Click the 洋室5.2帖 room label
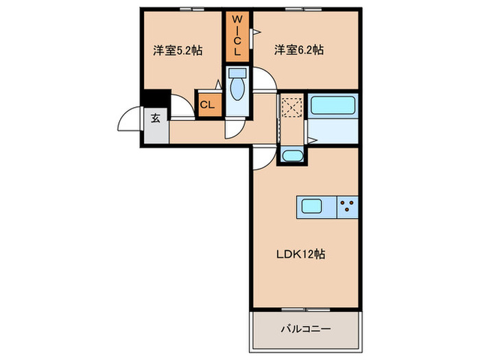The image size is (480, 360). pyautogui.click(x=178, y=50)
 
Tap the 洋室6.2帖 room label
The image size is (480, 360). pyautogui.click(x=300, y=50)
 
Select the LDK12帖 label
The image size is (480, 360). pyautogui.click(x=301, y=254)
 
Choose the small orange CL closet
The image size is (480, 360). pyautogui.click(x=207, y=105)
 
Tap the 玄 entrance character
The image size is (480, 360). pyautogui.click(x=156, y=118)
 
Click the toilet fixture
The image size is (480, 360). pyautogui.click(x=237, y=90)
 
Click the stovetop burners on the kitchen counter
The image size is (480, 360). pyautogui.click(x=348, y=206)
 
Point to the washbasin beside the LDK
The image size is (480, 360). pyautogui.click(x=292, y=156)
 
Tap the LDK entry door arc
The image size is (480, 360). pyautogui.click(x=261, y=158)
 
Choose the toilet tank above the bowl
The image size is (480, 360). pyautogui.click(x=237, y=73)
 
